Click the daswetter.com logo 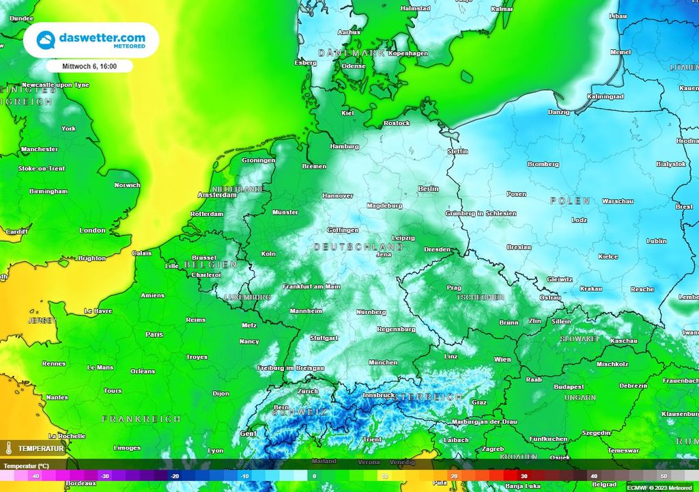tap(91, 40)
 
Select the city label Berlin tap(428, 189)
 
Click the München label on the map tap(382, 362)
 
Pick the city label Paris tap(154, 335)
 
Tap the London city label tap(92, 230)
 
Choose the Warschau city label tap(619, 202)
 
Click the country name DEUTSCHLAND tap(358, 246)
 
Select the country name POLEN tap(570, 201)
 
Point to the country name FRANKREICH tap(141, 418)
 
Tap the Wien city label tap(502, 359)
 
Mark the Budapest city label tap(569, 386)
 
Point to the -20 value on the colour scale tap(175, 476)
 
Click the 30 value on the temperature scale tap(524, 476)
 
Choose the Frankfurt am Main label tap(311, 286)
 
